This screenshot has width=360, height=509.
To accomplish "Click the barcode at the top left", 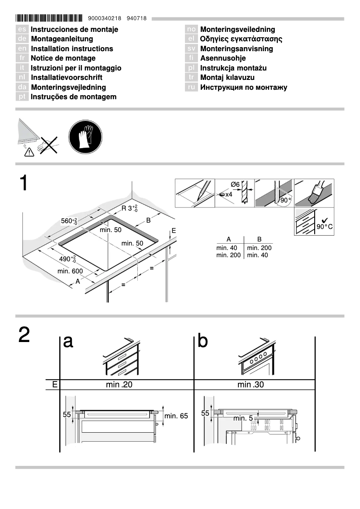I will tap(49, 18).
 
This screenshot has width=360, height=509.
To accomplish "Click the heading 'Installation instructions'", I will tap(72, 48).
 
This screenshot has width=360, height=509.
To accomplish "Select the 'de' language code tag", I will tap(22, 39).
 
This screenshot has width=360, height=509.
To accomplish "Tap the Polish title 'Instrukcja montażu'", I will tap(233, 68).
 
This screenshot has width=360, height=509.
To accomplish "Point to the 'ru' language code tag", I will tap(192, 87).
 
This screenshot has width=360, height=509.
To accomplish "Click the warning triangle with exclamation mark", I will tap(30, 153).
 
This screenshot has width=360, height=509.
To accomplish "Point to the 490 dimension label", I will tap(68, 259).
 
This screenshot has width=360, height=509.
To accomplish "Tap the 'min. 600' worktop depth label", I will tap(70, 271).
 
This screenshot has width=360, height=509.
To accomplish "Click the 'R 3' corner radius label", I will tap(130, 208).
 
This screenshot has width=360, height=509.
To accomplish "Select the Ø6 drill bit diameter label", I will tap(235, 184).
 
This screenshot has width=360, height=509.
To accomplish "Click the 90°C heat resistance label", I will tap(325, 226).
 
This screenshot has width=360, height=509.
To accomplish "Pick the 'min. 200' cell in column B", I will tap(259, 248).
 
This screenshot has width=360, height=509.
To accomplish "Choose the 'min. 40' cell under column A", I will tap(227, 248).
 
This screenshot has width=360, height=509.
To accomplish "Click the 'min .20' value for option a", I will tap(119, 384).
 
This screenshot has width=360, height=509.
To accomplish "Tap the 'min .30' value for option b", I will tap(251, 384).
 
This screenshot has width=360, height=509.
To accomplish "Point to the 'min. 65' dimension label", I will tap(176, 416).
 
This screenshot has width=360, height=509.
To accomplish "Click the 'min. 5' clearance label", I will tap(243, 418).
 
